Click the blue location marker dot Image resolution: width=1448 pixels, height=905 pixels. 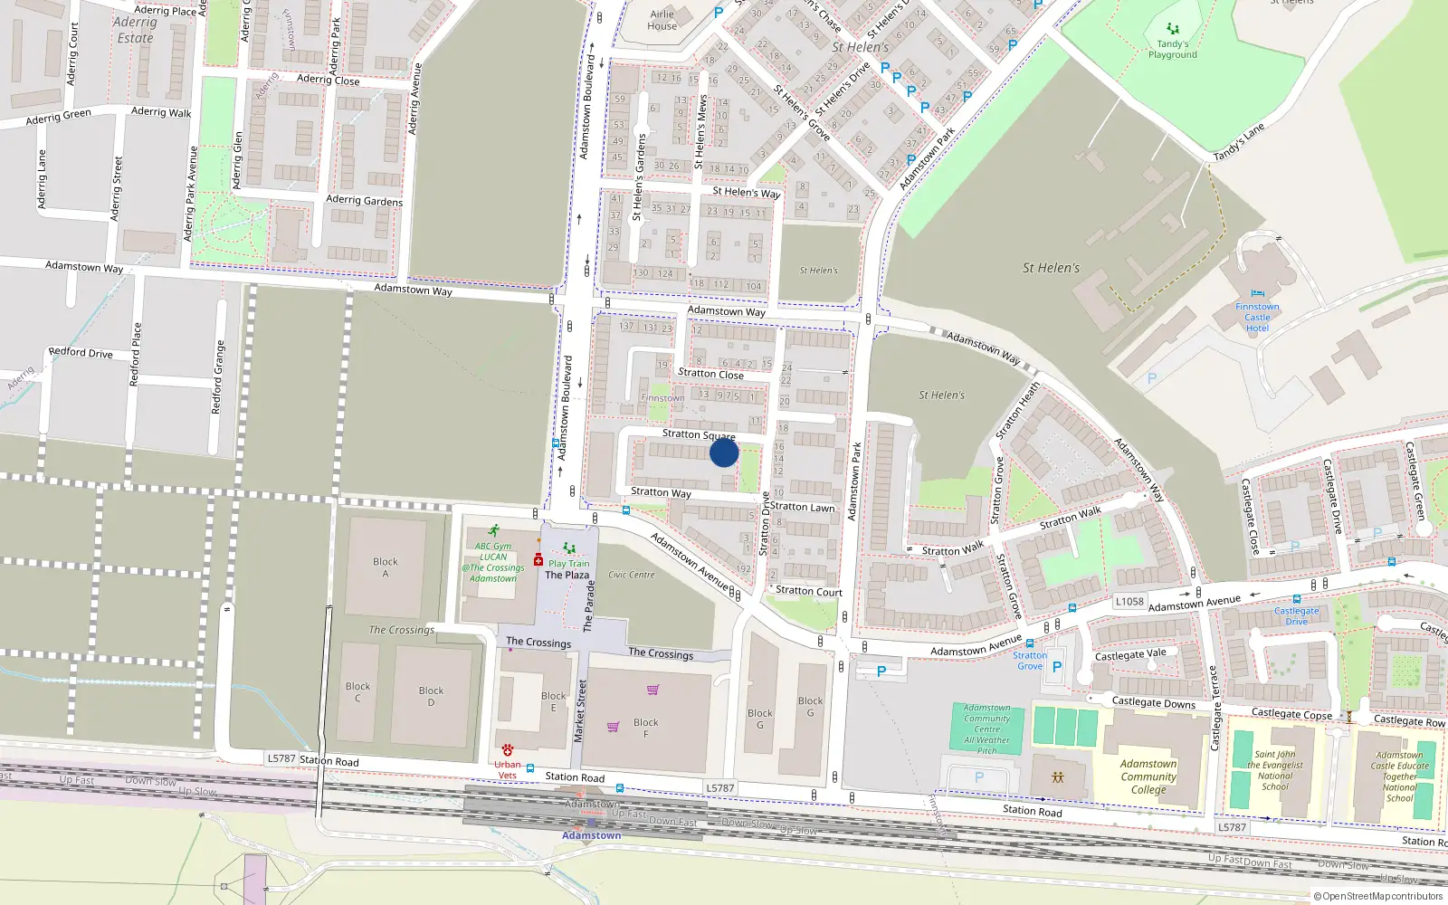tap(724, 452)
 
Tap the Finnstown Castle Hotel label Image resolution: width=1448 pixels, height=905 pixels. tap(1257, 318)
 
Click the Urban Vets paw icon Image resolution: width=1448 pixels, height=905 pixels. tap(508, 750)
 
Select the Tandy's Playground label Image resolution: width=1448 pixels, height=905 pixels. tap(1172, 49)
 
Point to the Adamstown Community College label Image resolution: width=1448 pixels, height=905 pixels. tap(1148, 776)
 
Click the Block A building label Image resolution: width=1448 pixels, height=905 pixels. tap(386, 567)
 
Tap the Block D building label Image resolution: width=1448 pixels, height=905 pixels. tap(431, 696)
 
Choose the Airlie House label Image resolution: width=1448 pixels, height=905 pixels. tap(662, 20)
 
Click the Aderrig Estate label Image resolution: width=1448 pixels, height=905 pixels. tap(135, 30)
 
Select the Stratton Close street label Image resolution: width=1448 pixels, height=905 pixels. tap(710, 374)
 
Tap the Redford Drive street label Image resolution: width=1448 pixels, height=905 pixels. tap(81, 353)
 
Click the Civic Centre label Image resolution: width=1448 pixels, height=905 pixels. tap(631, 575)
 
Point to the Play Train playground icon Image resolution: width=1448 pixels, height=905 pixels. tap(568, 548)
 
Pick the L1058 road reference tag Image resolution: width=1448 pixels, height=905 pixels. tap(1129, 602)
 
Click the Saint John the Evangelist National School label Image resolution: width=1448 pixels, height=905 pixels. tap(1275, 770)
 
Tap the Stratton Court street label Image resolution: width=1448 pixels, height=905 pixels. tap(808, 592)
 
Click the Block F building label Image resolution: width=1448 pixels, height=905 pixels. tap(645, 728)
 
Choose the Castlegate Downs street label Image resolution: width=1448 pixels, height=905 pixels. tap(1153, 702)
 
